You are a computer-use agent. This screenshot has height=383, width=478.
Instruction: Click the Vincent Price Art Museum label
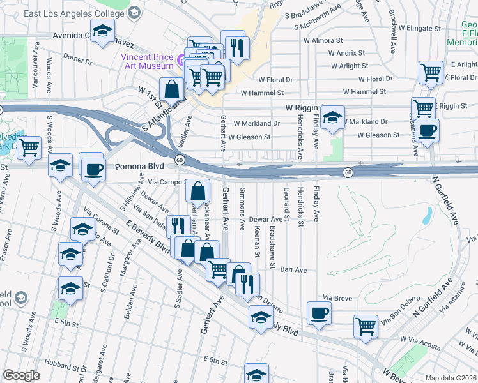(x=148, y=61)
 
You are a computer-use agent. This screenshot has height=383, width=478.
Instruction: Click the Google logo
(x=22, y=375)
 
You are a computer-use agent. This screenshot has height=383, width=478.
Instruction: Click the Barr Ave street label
(x=294, y=269)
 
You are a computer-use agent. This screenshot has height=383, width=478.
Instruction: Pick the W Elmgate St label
(x=420, y=28)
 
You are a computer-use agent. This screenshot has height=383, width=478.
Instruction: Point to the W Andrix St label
(x=347, y=53)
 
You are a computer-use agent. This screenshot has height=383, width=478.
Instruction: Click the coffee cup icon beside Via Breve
(x=320, y=313)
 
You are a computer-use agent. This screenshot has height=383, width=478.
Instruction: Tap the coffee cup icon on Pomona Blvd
(x=94, y=169)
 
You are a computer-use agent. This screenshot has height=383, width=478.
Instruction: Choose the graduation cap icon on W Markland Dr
(x=332, y=117)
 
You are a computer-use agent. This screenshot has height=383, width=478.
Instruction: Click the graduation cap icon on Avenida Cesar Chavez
(x=102, y=31)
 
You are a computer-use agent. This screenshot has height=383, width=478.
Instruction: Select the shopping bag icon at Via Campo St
(x=199, y=190)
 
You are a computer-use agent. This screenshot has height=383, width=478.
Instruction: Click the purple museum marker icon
(x=181, y=61)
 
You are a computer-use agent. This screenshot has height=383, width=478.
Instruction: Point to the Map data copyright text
(x=450, y=378)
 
